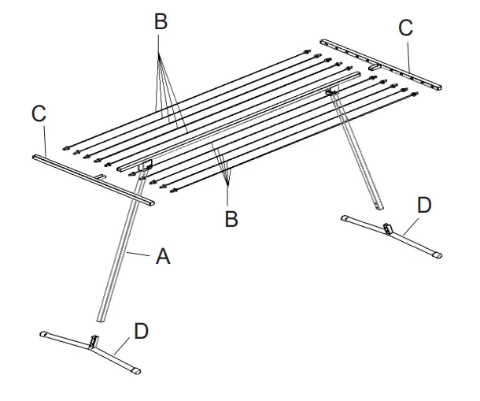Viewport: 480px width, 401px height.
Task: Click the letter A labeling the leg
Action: point(163,255)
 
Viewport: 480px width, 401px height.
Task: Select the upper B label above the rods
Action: point(161,21)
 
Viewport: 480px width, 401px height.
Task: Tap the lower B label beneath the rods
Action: point(231,218)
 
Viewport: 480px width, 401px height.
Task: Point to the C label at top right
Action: point(405,28)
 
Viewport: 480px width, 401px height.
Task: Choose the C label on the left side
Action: point(39,113)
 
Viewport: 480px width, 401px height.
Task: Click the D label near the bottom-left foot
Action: point(141,330)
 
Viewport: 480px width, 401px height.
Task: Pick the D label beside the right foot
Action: point(423,206)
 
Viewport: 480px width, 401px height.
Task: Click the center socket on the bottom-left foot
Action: point(94,342)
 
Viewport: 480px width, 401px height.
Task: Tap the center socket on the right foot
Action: point(386,229)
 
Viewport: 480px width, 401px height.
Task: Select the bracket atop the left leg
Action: point(144,167)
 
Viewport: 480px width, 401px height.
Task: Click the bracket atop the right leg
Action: point(332,93)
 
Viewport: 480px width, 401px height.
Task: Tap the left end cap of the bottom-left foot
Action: point(46,335)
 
